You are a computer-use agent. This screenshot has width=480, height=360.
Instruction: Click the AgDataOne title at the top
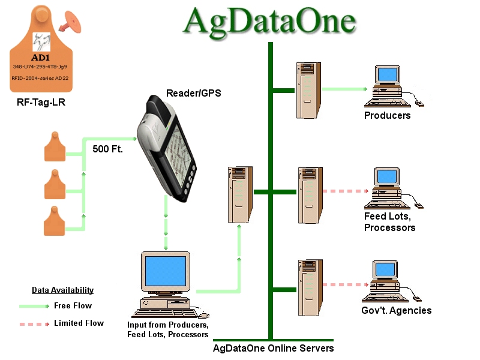coord(270,21)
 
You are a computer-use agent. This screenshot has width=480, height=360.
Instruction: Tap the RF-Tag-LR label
coord(41,103)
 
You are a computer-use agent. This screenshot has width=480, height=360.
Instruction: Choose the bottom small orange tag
coord(55,221)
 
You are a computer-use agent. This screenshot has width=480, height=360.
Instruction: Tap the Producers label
coord(388,115)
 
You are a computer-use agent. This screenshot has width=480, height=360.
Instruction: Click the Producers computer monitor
coord(387,75)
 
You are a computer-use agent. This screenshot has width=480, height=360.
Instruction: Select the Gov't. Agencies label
coord(397,310)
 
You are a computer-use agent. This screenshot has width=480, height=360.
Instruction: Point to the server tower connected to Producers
coord(307,91)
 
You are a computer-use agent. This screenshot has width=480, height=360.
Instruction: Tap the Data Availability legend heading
coord(62,290)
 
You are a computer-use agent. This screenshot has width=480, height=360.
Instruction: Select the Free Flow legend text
coord(73,306)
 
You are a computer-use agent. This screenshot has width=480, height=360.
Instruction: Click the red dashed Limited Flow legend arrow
coord(34,323)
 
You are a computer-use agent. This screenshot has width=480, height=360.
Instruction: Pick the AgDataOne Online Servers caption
coord(274,348)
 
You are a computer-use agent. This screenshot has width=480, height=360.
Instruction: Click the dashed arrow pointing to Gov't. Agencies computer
coord(344,284)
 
